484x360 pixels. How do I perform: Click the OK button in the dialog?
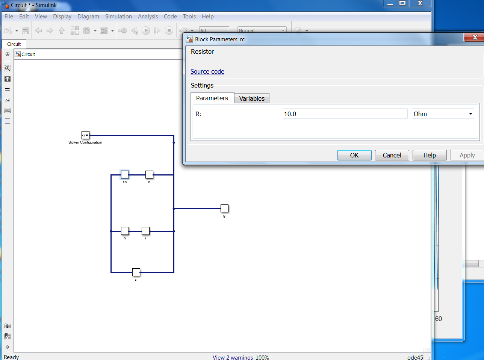tap(354, 155)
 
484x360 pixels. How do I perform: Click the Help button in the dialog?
tap(430, 155)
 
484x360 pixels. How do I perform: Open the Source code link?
tap(207, 71)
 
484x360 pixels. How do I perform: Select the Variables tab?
tap(252, 98)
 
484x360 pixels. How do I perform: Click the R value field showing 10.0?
tap(345, 114)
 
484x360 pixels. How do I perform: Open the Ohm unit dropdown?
tap(443, 114)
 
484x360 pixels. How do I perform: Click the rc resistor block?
tap(125, 174)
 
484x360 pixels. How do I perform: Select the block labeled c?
tap(149, 174)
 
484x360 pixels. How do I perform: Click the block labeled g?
tap(224, 208)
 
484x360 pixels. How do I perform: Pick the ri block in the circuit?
tap(125, 231)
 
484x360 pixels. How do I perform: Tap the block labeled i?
tap(145, 231)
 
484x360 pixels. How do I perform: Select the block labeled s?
tap(136, 272)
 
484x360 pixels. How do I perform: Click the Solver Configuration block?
tap(85, 135)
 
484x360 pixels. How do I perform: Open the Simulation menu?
tap(118, 17)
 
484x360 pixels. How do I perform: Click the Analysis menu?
tap(148, 17)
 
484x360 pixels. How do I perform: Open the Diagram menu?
tap(88, 17)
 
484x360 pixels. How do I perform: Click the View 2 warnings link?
tap(233, 357)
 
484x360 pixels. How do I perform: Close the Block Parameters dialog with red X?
tap(475, 37)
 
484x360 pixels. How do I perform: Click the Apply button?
tap(467, 155)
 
